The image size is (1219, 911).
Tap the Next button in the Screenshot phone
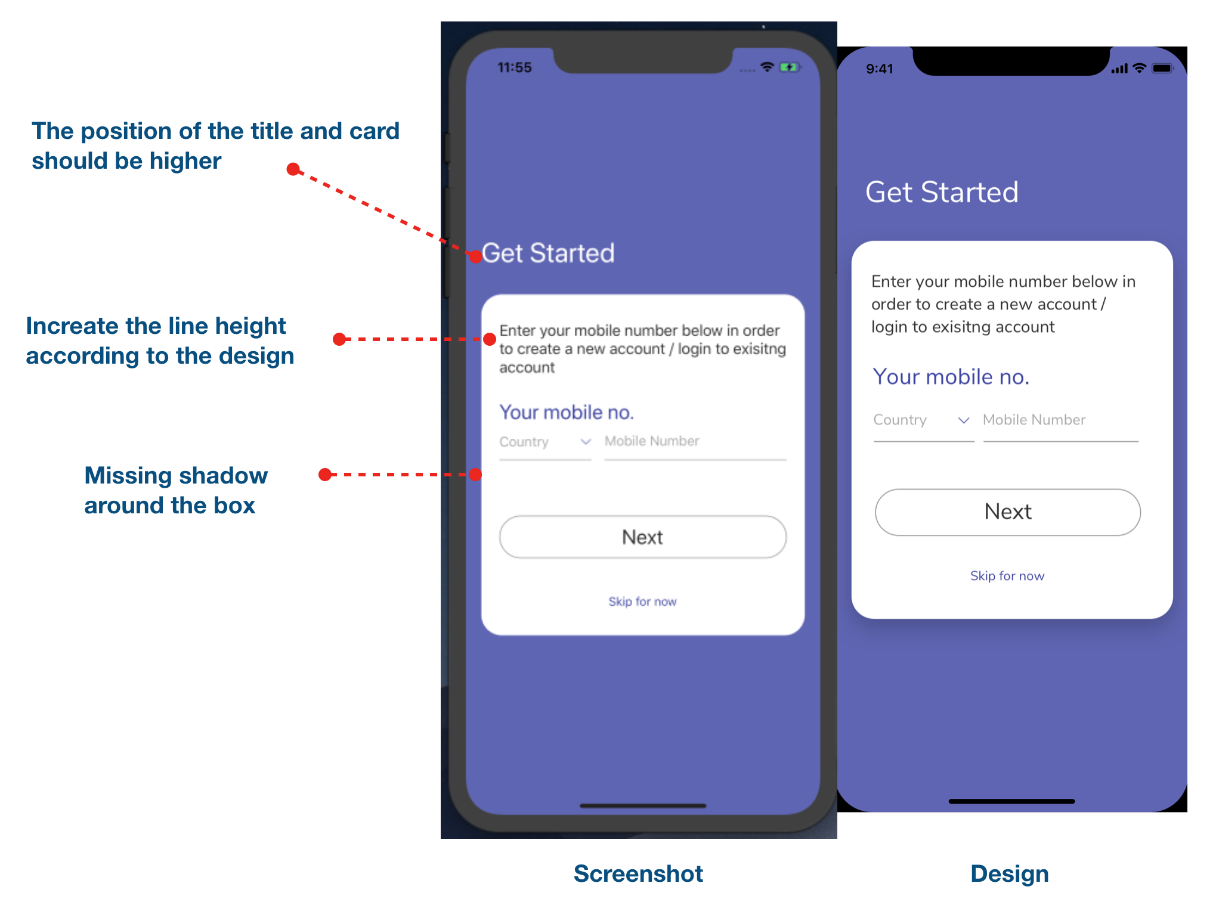point(642,537)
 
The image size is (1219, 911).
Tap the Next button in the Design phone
point(1007,512)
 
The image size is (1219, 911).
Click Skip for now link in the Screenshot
point(642,602)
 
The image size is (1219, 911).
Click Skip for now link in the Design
point(1007,576)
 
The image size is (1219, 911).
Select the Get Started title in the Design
point(942,193)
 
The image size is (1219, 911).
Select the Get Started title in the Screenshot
point(548,253)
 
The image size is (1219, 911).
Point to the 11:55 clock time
point(514,68)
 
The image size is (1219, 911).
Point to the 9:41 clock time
point(879,69)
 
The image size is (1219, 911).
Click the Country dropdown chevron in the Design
point(963,420)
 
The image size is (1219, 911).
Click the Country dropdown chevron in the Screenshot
point(586,442)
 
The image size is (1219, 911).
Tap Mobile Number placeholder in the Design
point(1034,420)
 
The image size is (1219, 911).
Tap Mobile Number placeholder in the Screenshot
point(651,441)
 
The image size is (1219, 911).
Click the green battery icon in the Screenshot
point(788,67)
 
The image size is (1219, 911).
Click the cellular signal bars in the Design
point(1119,69)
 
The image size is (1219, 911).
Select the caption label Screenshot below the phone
point(638,873)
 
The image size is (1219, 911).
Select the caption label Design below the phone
point(1009,873)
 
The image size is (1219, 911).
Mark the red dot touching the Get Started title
point(475,257)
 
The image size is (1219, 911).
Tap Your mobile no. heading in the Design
point(951,377)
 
